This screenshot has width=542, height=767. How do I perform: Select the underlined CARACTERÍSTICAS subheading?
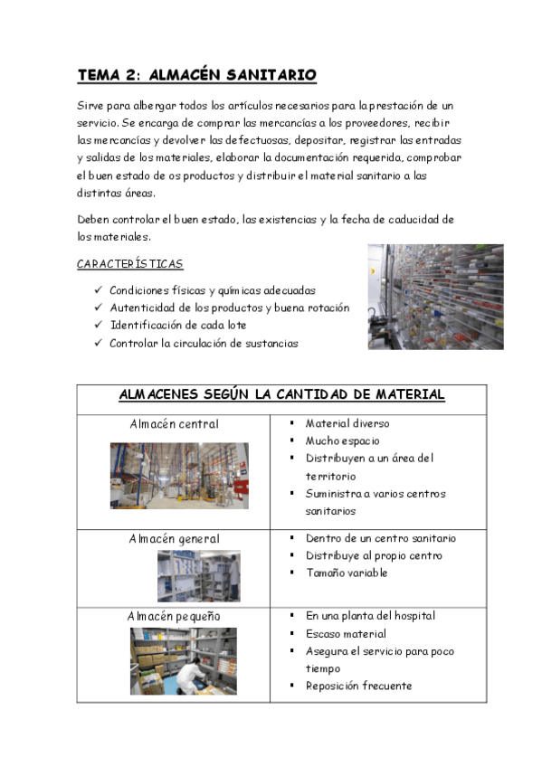coord(129,264)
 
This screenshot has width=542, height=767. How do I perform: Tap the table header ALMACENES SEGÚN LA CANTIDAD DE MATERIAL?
coord(281,395)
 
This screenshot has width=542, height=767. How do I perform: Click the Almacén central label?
coord(174,423)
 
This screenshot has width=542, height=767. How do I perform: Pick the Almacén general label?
coord(174,539)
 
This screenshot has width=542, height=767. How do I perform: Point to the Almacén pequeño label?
coord(174,616)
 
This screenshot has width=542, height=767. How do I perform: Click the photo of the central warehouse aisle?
coord(178,475)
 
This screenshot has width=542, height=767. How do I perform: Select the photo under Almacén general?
coord(198,575)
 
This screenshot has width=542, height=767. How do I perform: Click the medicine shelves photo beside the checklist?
coord(435,297)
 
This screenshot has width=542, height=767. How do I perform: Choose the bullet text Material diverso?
coord(347,423)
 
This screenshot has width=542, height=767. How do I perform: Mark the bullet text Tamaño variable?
coord(346,573)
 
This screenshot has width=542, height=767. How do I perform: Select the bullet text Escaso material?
coord(346,634)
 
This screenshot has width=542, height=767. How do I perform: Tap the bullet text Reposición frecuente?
coord(358,686)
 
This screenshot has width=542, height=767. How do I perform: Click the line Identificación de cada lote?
coord(178,326)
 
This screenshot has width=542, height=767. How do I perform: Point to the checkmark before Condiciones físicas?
coord(97,291)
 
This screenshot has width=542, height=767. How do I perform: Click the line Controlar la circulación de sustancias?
coord(204,344)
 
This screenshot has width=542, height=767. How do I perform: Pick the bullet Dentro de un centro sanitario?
coord(380,539)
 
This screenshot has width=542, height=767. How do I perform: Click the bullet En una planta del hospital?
coord(370,616)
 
